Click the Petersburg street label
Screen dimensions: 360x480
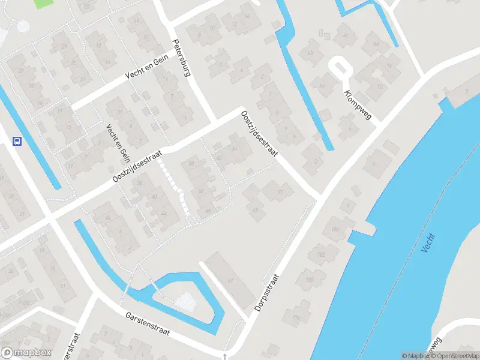[x=181, y=59]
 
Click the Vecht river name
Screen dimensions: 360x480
[x=427, y=242]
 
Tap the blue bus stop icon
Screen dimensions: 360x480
[x=17, y=142]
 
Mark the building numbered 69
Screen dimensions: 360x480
[x=256, y=209]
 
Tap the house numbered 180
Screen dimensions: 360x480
[x=310, y=280]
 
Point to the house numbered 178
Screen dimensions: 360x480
[x=296, y=317]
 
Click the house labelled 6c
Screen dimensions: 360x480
[x=345, y=35]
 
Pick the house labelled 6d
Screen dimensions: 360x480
[x=376, y=44]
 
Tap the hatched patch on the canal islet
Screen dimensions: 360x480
[x=187, y=299]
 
